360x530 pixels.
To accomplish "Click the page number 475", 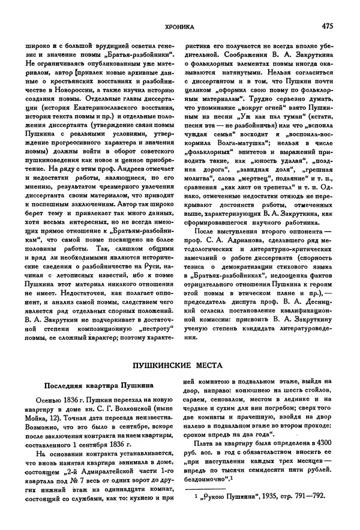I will click(328, 26).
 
